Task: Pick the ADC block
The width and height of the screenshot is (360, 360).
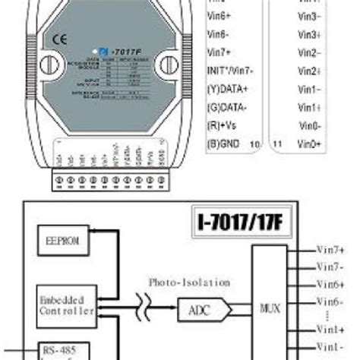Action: click(x=194, y=309)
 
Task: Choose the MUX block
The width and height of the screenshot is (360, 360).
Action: click(x=269, y=309)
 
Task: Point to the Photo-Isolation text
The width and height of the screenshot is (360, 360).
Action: click(x=188, y=282)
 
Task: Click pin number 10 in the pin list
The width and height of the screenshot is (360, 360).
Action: click(x=254, y=143)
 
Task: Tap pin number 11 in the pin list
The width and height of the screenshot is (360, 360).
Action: click(x=276, y=143)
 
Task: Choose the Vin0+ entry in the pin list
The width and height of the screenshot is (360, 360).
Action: click(x=309, y=143)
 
